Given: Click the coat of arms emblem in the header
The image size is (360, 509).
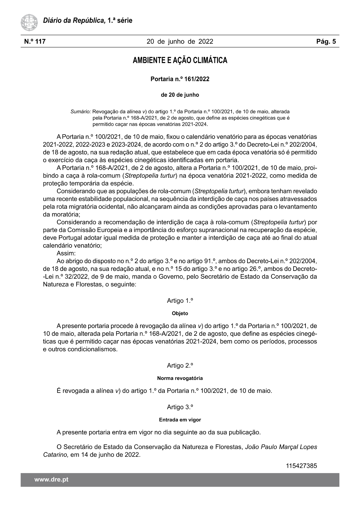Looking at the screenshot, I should pyautogui.click(x=29, y=23).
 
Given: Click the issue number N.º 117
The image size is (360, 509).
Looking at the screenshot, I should pyautogui.click(x=35, y=41).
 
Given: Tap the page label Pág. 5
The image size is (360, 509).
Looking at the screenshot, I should pyautogui.click(x=326, y=41).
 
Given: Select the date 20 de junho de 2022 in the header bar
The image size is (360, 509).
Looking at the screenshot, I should pyautogui.click(x=180, y=41).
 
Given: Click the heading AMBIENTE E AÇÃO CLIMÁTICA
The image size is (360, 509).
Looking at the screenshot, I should pyautogui.click(x=180, y=60).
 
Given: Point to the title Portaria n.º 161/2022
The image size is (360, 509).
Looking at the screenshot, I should pyautogui.click(x=180, y=79).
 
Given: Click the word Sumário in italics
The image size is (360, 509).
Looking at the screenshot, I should pyautogui.click(x=81, y=111).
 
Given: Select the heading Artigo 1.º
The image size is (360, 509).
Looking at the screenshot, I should pyautogui.click(x=180, y=301).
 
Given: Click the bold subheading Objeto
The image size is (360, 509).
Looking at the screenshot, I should pyautogui.click(x=180, y=313).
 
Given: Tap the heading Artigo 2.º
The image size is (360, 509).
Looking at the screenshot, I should pyautogui.click(x=180, y=365).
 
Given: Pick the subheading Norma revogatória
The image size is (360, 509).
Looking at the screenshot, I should pyautogui.click(x=180, y=378).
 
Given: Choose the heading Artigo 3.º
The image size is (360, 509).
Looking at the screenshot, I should pyautogui.click(x=180, y=407).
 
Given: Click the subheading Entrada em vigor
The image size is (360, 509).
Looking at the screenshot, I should pyautogui.click(x=180, y=420).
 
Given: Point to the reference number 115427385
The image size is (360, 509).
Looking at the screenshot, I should pyautogui.click(x=301, y=466).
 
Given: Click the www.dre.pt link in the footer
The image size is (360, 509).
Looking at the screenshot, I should pyautogui.click(x=51, y=479).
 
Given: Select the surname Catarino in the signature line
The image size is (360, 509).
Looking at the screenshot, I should pyautogui.click(x=56, y=455).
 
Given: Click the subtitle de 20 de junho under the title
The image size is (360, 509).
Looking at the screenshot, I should pyautogui.click(x=180, y=95).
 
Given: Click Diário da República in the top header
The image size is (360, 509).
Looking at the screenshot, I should pyautogui.click(x=74, y=21).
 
